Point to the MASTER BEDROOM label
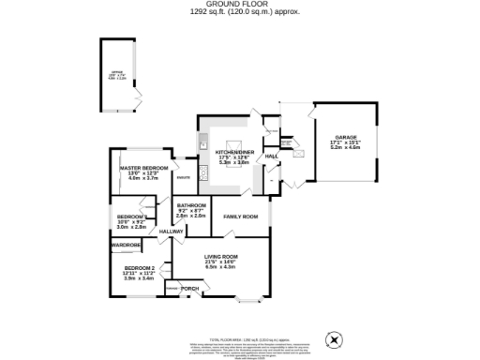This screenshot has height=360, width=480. (144, 169)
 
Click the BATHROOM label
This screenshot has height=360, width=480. (190, 205)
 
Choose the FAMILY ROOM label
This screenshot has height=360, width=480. (240, 217)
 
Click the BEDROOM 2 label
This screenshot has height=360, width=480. (140, 268)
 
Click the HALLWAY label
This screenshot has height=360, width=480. (172, 232)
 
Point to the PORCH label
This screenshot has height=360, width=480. (189, 288)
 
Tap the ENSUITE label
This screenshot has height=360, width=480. (185, 177)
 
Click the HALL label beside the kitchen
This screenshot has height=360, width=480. (272, 156)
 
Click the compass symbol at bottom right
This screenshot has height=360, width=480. (331, 338)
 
